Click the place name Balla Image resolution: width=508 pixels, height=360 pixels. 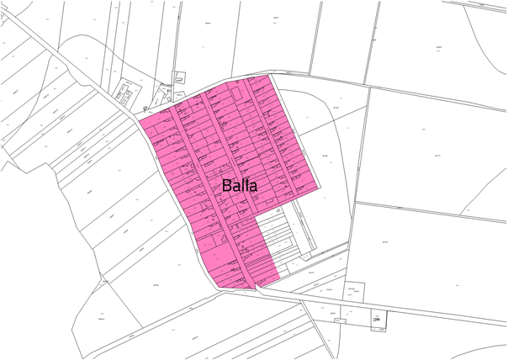[240, 185]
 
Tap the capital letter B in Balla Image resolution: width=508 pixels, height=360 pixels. [227, 185]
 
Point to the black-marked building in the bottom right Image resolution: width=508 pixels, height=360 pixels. [377, 320]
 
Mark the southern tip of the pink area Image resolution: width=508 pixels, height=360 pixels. [255, 288]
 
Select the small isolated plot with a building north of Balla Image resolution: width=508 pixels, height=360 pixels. [179, 77]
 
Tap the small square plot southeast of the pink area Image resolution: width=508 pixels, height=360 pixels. [354, 291]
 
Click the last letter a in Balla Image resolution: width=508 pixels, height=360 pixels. [251, 186]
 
